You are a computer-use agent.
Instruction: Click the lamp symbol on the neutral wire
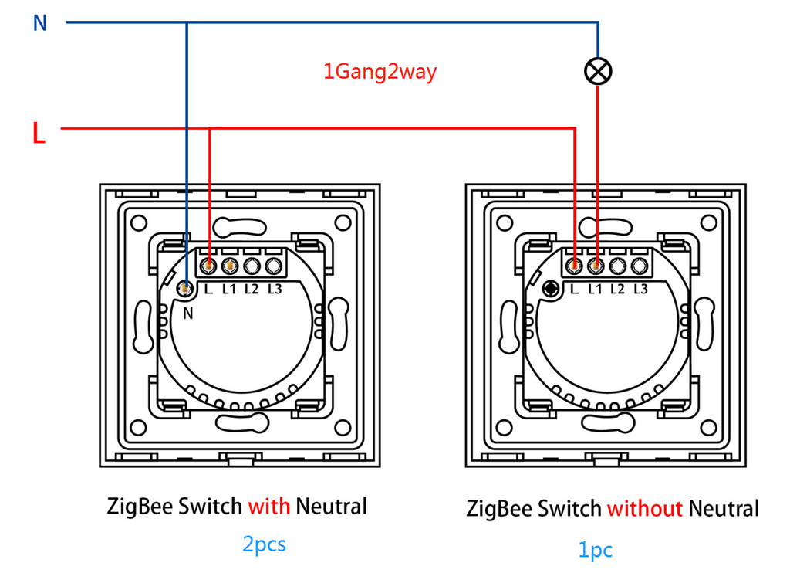click(x=598, y=71)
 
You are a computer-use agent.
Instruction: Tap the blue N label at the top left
click(x=40, y=23)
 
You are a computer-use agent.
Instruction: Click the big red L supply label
click(x=39, y=133)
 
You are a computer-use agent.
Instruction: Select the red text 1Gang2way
click(x=380, y=72)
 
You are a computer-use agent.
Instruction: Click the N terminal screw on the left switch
click(x=185, y=289)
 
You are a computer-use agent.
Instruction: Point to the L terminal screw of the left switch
click(x=208, y=266)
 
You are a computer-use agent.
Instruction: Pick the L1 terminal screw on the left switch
click(x=230, y=266)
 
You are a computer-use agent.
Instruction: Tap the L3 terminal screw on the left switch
click(x=274, y=266)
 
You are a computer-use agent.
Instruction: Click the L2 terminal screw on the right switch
click(x=618, y=266)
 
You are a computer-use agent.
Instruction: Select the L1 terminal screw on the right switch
click(x=596, y=266)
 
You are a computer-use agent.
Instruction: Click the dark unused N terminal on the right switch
click(x=551, y=289)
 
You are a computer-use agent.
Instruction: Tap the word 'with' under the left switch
click(x=269, y=507)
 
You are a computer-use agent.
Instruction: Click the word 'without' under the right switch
click(x=645, y=508)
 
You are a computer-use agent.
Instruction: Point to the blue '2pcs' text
click(x=264, y=544)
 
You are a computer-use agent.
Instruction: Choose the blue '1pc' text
click(x=595, y=551)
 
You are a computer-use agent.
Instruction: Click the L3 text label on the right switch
click(x=640, y=289)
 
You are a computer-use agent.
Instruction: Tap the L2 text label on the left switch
click(x=252, y=289)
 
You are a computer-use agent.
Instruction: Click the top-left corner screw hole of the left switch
click(x=139, y=222)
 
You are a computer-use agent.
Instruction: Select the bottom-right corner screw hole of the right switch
click(x=708, y=429)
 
